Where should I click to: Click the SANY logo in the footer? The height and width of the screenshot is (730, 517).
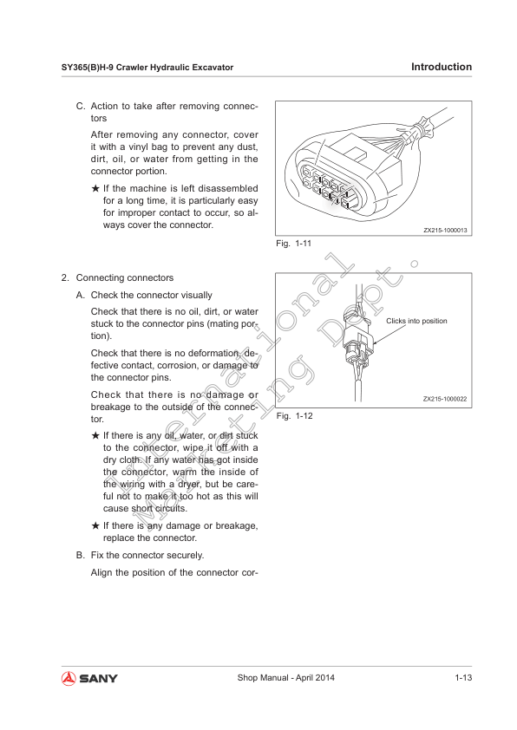pos(89,678)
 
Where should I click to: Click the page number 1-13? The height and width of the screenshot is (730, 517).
pos(463,678)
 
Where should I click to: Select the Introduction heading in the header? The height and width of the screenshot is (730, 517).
pos(442,67)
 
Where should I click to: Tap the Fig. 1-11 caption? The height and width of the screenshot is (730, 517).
pos(293,244)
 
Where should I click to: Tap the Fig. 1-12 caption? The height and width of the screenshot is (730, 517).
pos(294,416)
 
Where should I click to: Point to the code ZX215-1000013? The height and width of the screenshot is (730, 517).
pos(445,230)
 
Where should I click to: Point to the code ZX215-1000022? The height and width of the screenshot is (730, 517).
pos(445,399)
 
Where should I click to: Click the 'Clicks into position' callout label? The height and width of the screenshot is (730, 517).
pos(416,321)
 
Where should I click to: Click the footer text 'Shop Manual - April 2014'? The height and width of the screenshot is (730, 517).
pos(286,678)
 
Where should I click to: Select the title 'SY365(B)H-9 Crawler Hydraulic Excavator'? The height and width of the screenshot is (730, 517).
pos(147,68)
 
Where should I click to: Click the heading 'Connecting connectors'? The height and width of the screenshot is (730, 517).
pos(125,278)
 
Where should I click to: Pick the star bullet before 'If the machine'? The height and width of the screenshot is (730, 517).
pos(95,188)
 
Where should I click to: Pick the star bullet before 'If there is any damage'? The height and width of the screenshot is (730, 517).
pos(95,525)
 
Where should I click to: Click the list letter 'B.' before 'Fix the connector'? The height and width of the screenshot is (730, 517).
pos(81,556)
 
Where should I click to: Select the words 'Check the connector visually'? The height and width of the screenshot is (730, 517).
pos(152,295)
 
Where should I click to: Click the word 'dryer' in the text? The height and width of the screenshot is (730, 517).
pos(189,484)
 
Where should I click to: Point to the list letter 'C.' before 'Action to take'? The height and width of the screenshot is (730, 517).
pos(81,106)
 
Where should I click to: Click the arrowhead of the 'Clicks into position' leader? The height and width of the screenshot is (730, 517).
pos(374,342)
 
